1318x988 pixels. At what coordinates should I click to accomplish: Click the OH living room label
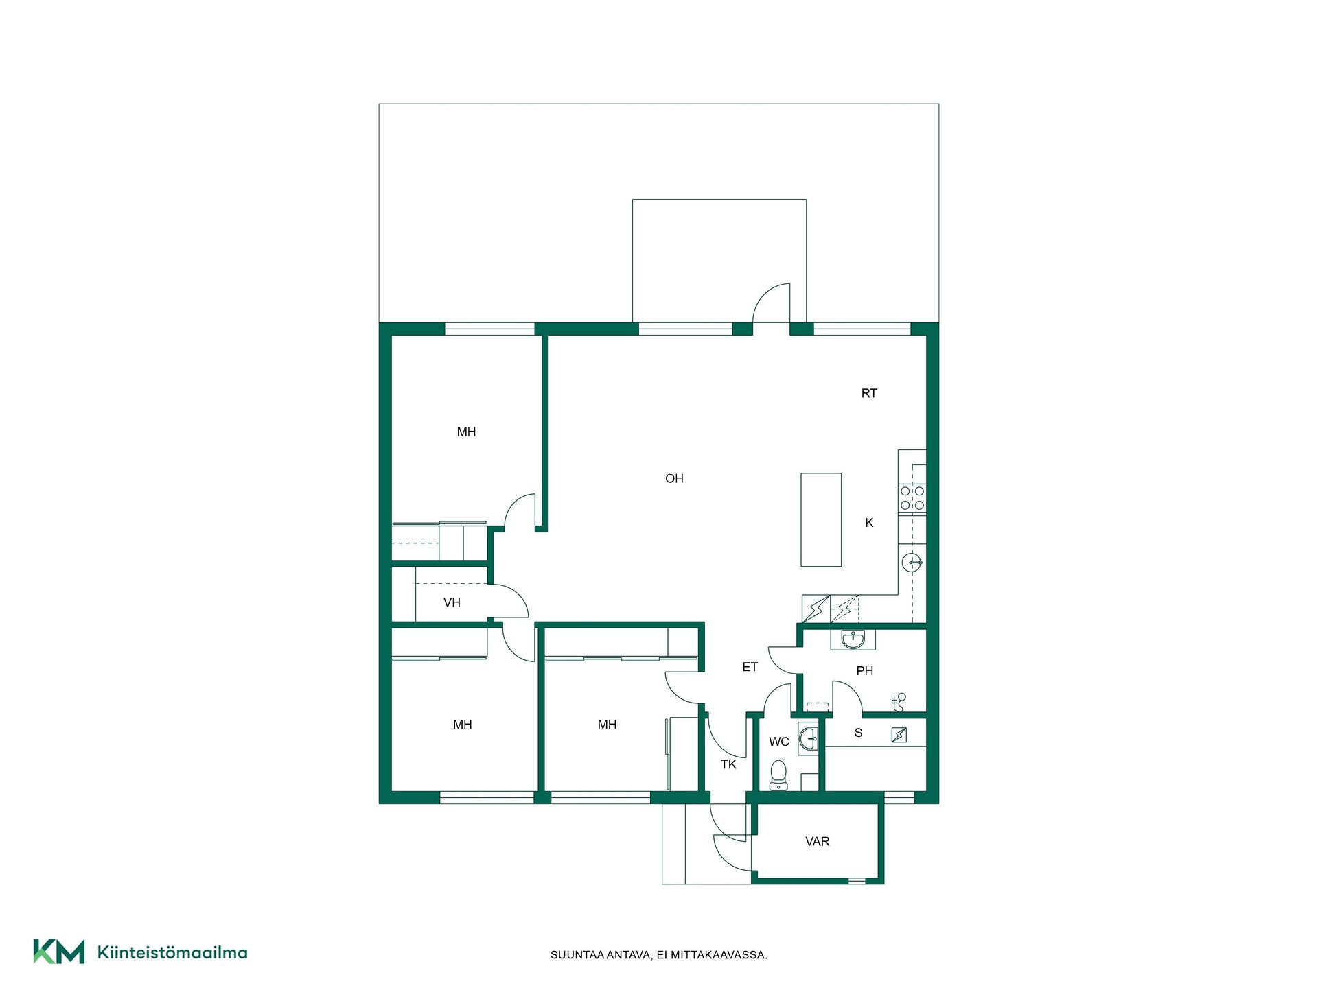click(674, 478)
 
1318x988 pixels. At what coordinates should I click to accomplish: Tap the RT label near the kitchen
click(869, 393)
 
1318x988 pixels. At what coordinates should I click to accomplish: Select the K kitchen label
click(869, 523)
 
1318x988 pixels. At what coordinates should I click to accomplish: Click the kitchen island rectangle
click(821, 519)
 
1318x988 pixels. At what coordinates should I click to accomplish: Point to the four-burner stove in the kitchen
click(912, 498)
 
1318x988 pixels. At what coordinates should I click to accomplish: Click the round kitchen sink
click(912, 563)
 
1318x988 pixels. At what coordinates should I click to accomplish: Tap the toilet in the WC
click(778, 775)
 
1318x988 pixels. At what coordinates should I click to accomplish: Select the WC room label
click(779, 742)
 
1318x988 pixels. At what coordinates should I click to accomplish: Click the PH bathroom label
click(865, 671)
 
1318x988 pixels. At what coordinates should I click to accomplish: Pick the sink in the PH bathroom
click(853, 639)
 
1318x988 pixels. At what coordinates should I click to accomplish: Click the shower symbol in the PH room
click(899, 702)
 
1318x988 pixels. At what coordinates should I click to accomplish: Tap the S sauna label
click(858, 733)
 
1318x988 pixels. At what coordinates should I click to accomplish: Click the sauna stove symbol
click(899, 735)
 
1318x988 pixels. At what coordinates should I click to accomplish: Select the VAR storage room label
click(818, 841)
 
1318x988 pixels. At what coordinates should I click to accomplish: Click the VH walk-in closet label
click(452, 603)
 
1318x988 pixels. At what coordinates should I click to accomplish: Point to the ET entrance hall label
click(750, 667)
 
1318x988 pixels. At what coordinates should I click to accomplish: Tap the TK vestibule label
click(728, 764)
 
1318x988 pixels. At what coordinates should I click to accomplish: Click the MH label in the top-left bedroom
click(466, 432)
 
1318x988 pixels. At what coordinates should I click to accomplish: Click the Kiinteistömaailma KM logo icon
click(59, 952)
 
